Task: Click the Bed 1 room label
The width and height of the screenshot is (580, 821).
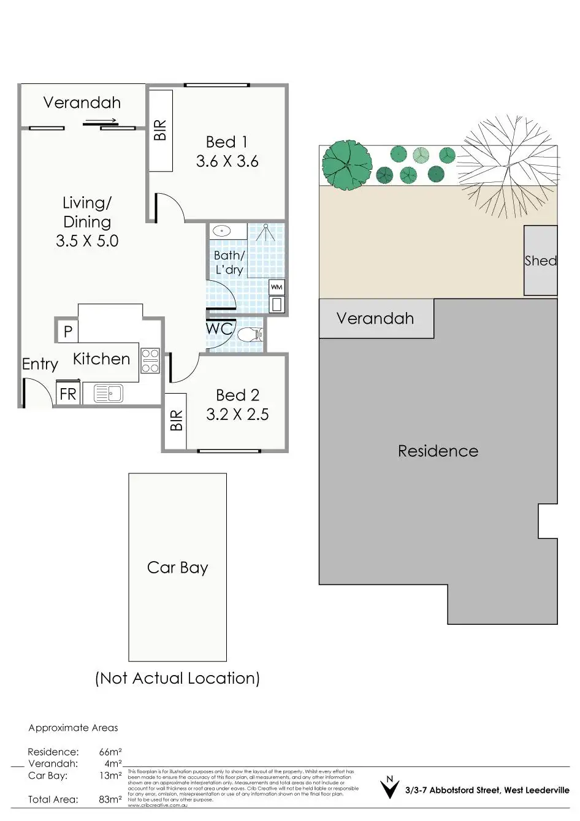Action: tap(227, 142)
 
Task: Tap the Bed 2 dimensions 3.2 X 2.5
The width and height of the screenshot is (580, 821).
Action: tap(237, 414)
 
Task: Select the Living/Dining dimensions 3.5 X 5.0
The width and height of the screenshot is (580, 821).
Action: tap(87, 241)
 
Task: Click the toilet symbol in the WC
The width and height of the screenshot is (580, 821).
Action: tap(250, 335)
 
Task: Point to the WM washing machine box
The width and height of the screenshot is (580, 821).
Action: tap(277, 287)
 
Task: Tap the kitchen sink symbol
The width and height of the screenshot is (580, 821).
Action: tap(109, 393)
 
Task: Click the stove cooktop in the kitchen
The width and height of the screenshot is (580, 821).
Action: tap(150, 360)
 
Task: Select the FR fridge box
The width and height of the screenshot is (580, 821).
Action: tap(68, 393)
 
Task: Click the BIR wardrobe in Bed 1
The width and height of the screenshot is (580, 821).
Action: tap(161, 131)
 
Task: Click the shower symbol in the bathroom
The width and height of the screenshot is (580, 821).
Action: tap(265, 234)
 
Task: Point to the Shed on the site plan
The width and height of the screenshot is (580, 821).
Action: tap(540, 261)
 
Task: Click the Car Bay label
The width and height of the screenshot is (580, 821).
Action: tap(177, 568)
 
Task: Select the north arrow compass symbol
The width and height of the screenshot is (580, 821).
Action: tap(389, 788)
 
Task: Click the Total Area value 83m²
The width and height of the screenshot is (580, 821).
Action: tap(110, 800)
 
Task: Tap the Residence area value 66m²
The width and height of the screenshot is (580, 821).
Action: tap(110, 752)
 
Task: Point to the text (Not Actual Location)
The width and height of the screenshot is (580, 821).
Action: tap(177, 678)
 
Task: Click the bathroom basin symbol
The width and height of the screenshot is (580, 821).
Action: tap(221, 231)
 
